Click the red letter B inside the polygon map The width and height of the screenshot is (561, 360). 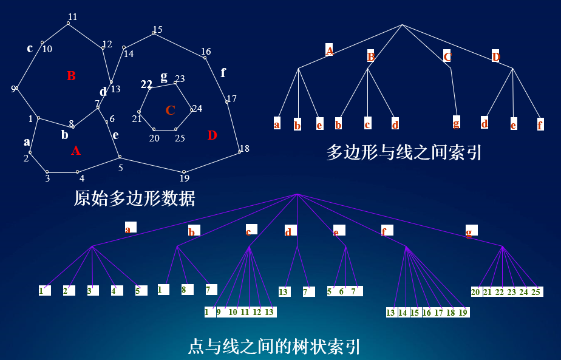(71, 76)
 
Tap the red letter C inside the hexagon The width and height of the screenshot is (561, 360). (170, 110)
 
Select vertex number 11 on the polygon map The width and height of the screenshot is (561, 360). (72, 17)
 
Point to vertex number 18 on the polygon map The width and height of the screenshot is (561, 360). (244, 149)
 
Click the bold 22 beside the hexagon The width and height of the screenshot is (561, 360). (146, 84)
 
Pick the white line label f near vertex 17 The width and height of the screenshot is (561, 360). (223, 73)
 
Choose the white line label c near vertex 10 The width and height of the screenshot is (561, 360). (30, 49)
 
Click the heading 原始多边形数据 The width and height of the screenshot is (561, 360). (134, 198)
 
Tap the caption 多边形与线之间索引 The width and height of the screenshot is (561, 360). (404, 152)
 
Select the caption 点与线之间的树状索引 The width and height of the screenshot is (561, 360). (274, 347)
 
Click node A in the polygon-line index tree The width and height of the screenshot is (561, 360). (329, 50)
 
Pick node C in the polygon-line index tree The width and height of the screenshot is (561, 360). (447, 56)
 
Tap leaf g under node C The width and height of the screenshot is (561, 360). (456, 123)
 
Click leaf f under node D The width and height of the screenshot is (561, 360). (540, 124)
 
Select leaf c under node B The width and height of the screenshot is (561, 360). (367, 124)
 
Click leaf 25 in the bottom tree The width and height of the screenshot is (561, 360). (535, 292)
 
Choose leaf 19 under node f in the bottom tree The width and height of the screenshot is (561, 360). (463, 313)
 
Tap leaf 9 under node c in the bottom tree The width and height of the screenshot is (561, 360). (219, 312)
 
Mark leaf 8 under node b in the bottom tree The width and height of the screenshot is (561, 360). (183, 290)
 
